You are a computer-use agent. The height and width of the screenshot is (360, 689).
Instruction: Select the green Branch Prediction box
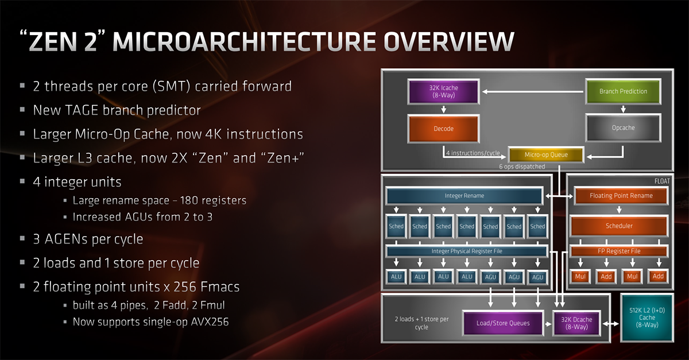click(623, 91)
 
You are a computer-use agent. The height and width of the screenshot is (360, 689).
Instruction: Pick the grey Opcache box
click(623, 128)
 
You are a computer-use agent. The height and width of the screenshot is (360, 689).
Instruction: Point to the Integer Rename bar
click(465, 196)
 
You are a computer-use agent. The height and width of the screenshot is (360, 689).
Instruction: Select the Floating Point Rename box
click(621, 196)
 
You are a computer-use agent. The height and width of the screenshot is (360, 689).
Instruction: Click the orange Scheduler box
click(619, 226)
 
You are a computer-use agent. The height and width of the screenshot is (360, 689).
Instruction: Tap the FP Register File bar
click(619, 251)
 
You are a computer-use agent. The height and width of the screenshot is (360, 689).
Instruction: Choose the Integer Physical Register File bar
click(466, 251)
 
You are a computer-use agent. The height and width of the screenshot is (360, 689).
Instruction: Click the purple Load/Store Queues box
click(503, 323)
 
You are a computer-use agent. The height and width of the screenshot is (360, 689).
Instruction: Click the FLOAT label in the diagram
click(661, 180)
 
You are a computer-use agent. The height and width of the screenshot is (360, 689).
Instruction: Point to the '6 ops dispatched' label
click(522, 167)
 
